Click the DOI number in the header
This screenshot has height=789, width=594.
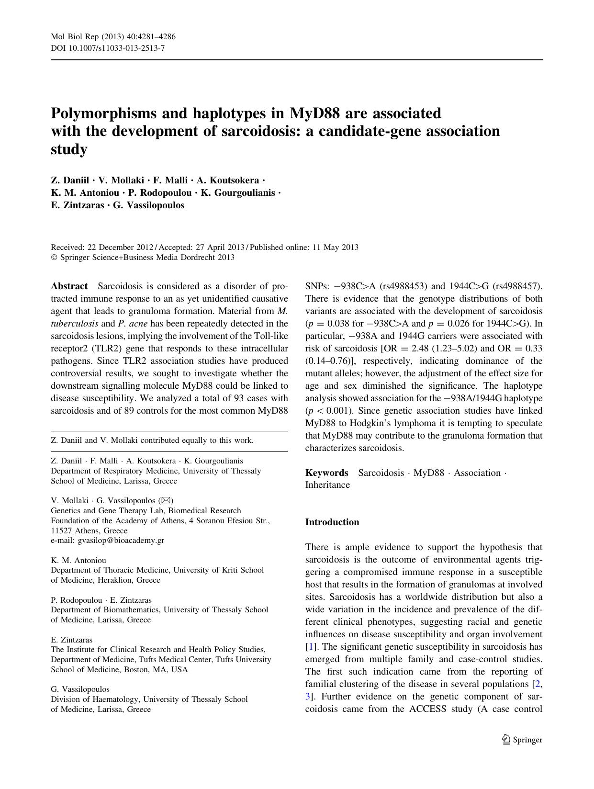point(115,48)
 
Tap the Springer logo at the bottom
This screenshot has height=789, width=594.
point(522,740)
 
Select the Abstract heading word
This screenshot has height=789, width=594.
point(69,286)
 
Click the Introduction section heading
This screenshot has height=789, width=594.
point(332,522)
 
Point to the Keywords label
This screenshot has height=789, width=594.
point(327,473)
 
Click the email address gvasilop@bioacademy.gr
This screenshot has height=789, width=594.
point(121,541)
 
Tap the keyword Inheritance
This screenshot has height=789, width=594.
point(327,485)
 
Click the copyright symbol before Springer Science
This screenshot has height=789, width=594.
point(54,258)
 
